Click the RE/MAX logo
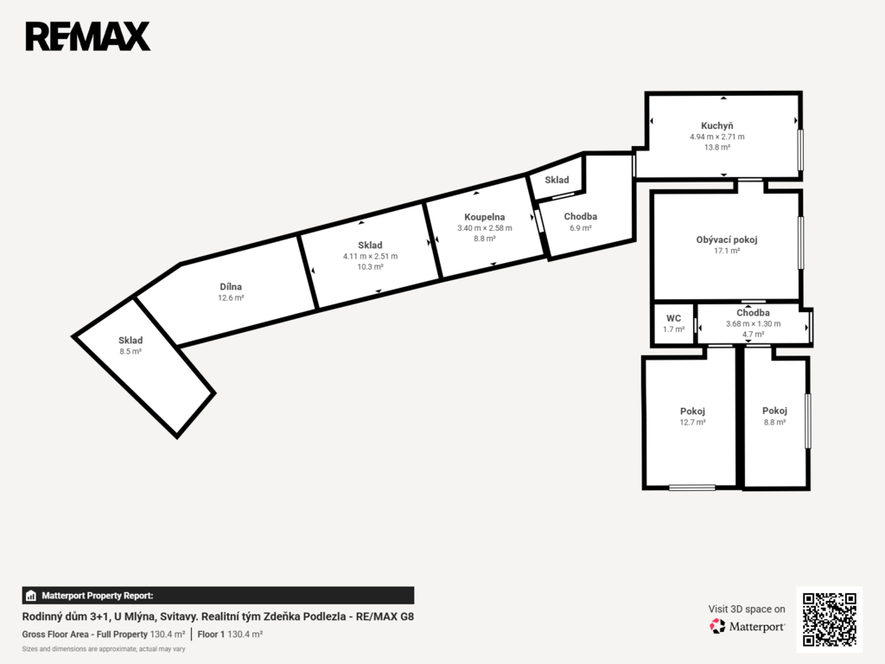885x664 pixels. point(88,36)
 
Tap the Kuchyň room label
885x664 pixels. point(716,125)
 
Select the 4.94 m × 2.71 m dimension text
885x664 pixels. point(716,137)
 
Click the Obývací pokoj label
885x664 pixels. point(726,239)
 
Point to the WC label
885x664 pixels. point(673,318)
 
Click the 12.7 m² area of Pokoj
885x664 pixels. point(692,422)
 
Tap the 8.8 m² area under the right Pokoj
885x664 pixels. point(774,422)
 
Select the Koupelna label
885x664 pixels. point(484,217)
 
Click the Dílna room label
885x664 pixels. point(231,287)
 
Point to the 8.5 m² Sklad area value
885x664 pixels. point(131,351)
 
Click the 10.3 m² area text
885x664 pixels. point(370,267)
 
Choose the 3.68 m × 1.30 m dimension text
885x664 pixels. point(753,324)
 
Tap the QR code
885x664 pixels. point(830,619)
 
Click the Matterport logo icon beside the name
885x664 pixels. point(717,626)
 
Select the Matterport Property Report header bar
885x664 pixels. point(218,596)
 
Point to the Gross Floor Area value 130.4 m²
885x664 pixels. point(168,635)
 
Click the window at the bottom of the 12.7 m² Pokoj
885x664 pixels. point(692,488)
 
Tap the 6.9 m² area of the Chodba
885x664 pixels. point(580,228)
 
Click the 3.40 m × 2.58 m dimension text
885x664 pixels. point(484,228)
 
